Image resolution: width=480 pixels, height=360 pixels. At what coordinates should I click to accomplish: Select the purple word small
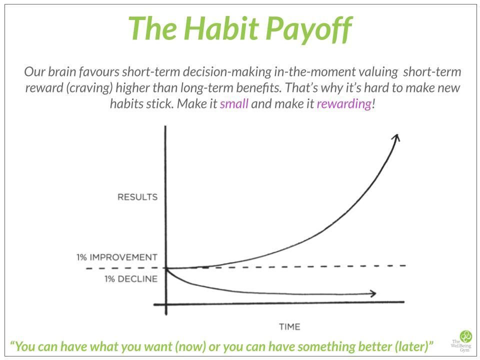(234, 104)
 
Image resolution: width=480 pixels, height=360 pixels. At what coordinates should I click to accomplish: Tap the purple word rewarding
(343, 104)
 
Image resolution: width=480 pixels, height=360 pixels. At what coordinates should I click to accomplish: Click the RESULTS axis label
(137, 197)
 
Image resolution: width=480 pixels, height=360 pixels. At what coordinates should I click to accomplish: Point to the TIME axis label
(289, 326)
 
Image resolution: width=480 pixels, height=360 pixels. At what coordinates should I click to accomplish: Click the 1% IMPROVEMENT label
(117, 257)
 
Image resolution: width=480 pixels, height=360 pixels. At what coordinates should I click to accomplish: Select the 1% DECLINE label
(131, 279)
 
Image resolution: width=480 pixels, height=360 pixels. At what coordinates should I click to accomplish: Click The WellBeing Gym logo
(465, 340)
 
